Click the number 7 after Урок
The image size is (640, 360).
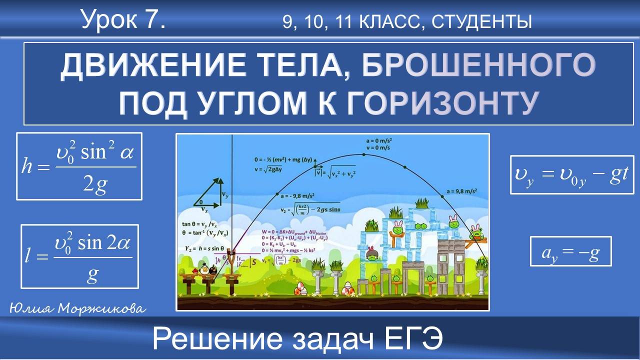click(154, 19)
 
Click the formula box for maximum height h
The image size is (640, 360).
click(79, 166)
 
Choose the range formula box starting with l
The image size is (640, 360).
click(79, 256)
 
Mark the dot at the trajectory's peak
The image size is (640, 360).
click(363, 154)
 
